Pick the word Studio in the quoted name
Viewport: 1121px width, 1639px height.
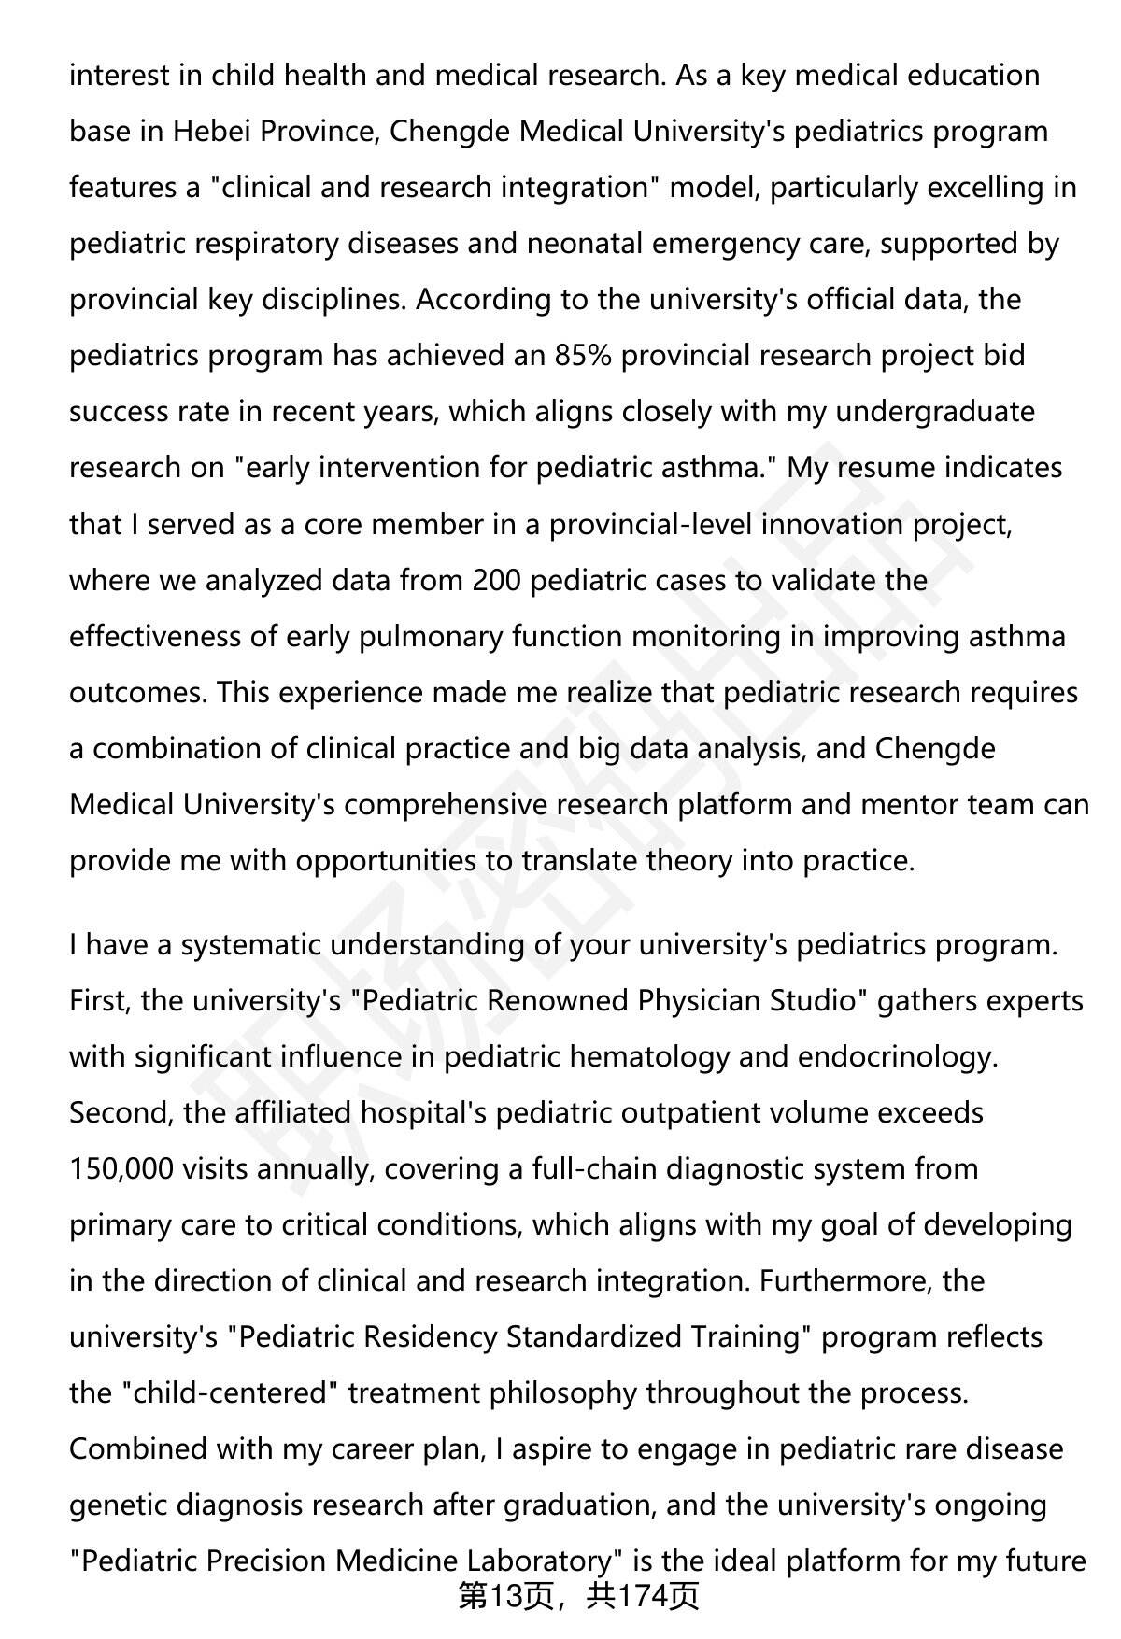pyautogui.click(x=814, y=1000)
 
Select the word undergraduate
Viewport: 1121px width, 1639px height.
pyautogui.click(x=934, y=411)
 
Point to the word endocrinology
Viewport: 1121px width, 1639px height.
pyautogui.click(x=897, y=1056)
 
